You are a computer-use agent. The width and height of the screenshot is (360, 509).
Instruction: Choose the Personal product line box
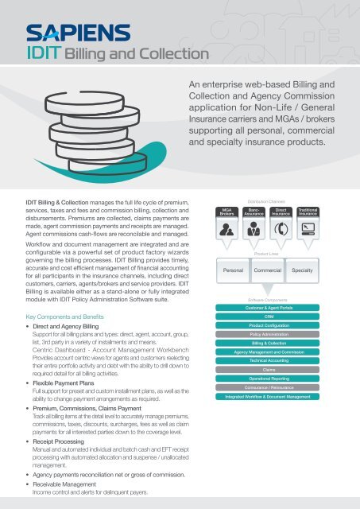coord(234,270)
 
